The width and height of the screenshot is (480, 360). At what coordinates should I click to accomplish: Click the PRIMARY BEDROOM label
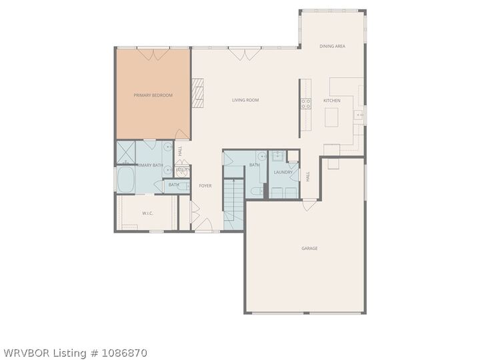click(x=153, y=95)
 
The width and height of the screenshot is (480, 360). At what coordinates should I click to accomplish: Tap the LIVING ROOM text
click(x=245, y=100)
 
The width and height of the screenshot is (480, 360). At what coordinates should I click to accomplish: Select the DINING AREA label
click(x=332, y=46)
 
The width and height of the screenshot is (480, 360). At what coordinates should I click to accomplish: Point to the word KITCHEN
click(x=332, y=100)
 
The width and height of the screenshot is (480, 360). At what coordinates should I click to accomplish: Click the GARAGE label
click(x=309, y=248)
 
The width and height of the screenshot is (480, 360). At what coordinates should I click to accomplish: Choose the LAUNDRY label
click(x=283, y=173)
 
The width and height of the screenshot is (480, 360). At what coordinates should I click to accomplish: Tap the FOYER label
click(x=205, y=185)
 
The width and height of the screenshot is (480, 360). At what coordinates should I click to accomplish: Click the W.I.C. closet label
click(x=147, y=213)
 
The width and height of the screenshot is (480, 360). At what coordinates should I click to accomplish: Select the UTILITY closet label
click(x=182, y=170)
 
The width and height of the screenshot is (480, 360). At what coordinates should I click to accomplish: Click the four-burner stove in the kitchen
click(x=306, y=103)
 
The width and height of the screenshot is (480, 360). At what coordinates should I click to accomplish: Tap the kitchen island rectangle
click(x=333, y=117)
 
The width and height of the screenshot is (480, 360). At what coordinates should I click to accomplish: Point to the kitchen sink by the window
click(x=359, y=115)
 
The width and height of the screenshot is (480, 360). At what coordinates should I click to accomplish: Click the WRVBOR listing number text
click(x=75, y=353)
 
